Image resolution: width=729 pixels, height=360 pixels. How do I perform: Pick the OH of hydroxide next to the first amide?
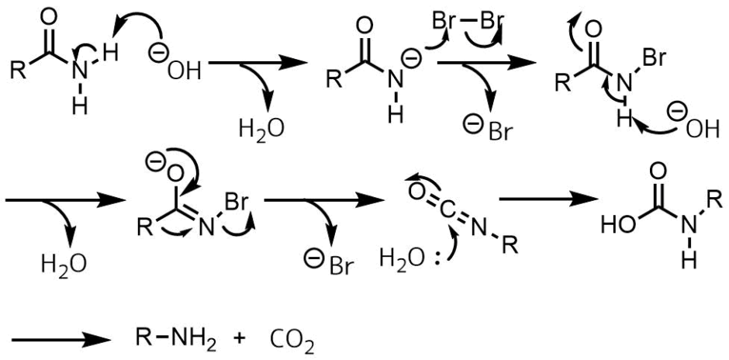tap(182, 71)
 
